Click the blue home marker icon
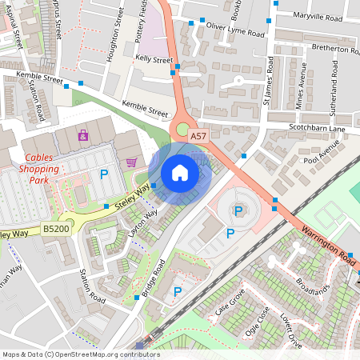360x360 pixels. [x=180, y=173]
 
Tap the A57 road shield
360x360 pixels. [x=199, y=138]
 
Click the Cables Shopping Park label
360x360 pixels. [x=42, y=169]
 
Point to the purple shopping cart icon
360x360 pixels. [x=131, y=162]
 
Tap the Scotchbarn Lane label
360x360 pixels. [x=317, y=129]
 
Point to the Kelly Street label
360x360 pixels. [x=154, y=60]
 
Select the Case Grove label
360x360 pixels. [x=229, y=306]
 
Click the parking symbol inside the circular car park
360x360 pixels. [x=238, y=210]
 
